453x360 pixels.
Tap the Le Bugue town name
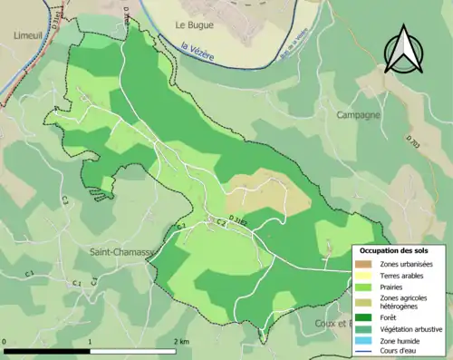coord(193,25)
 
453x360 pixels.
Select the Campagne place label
coord(358,115)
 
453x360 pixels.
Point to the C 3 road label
coord(220,223)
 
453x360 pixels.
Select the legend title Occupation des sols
coord(400,250)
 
